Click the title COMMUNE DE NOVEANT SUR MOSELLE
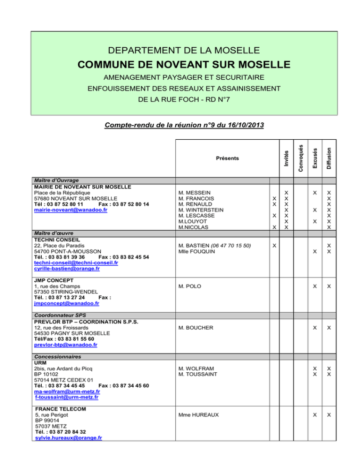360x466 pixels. pyautogui.click(x=184, y=64)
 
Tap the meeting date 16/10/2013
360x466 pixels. pyautogui.click(x=244, y=125)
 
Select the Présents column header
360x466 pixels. pyautogui.click(x=227, y=158)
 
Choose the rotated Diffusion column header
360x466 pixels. pyautogui.click(x=329, y=158)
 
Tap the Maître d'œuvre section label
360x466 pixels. pyautogui.click(x=52, y=233)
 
